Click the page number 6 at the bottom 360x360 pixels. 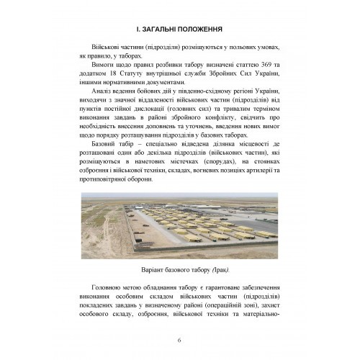pyautogui.click(x=180, y=340)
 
